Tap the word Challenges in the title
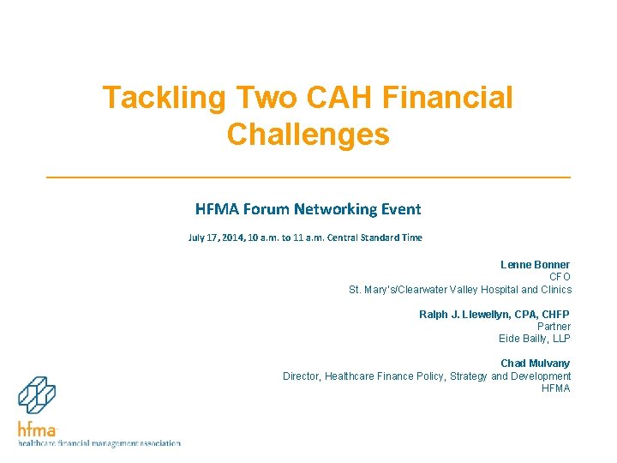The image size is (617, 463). pos(308,135)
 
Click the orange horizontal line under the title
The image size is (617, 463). pos(308,177)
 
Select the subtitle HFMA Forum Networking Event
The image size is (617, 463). pos(308,209)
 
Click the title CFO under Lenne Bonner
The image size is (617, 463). pos(560,277)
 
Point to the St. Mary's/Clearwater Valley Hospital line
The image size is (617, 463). pos(459,290)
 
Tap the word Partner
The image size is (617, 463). pos(554,327)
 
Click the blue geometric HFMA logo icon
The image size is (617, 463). pos(37,396)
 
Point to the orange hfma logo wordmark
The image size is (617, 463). pos(37,429)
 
